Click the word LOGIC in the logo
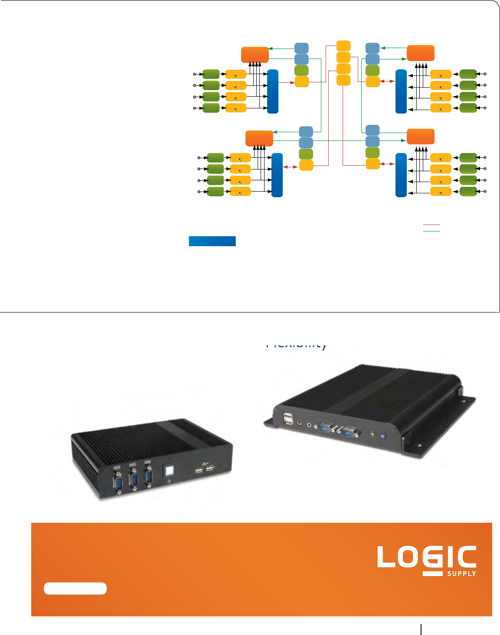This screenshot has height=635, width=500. (426, 557)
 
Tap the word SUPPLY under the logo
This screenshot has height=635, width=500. (461, 573)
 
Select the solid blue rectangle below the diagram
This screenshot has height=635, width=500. (212, 241)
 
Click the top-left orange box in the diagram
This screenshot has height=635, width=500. (255, 55)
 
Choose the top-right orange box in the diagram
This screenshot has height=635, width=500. (420, 53)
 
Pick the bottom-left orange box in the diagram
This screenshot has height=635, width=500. (259, 138)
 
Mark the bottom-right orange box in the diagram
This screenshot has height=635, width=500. (420, 136)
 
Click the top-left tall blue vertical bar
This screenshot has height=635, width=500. (273, 91)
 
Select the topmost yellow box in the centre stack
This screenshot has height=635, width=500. (343, 46)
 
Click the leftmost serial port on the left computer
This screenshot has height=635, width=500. (117, 481)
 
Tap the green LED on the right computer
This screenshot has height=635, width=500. (372, 433)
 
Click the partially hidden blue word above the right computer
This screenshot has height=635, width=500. (296, 345)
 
